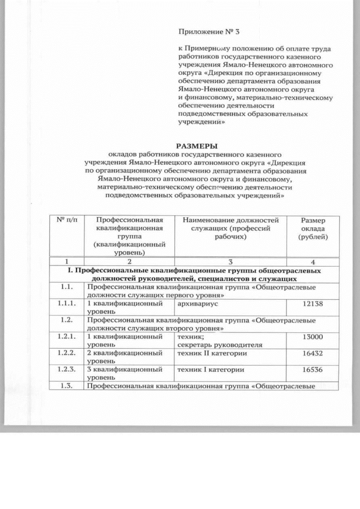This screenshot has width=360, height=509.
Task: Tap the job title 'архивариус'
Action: point(195,304)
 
